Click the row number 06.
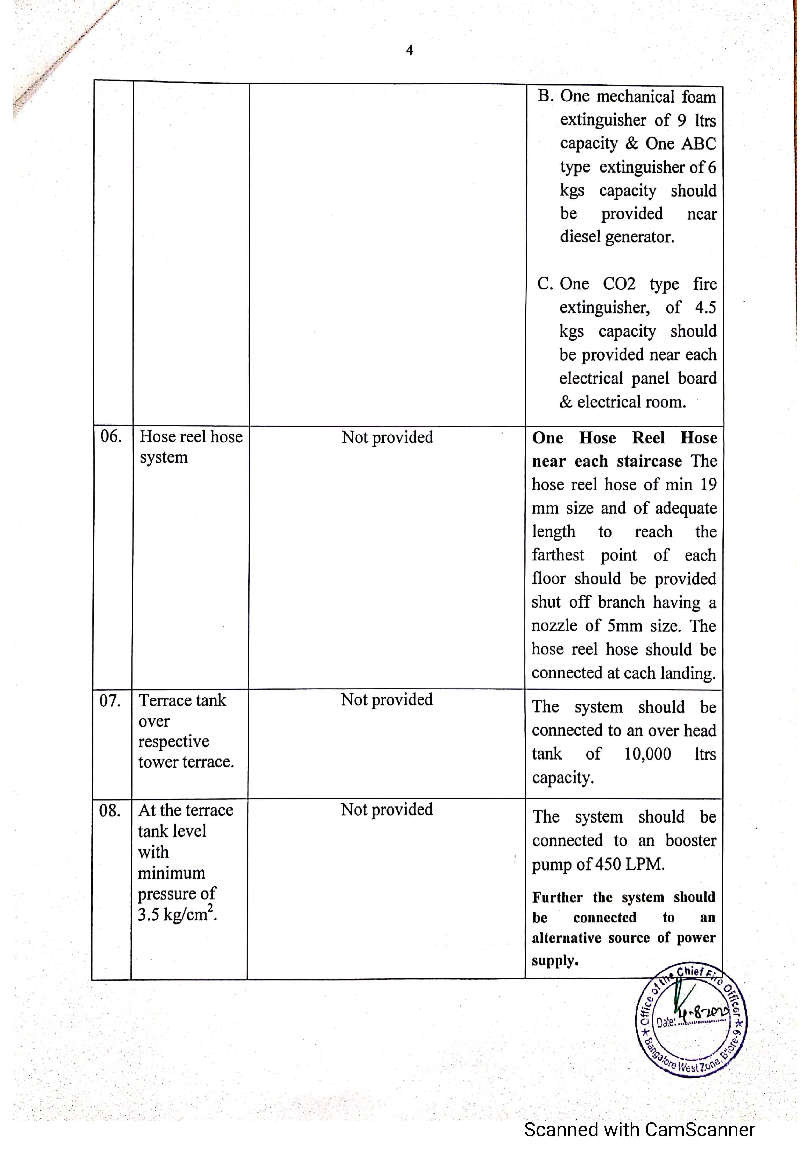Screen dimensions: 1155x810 [111, 436]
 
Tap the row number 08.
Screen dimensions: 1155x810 [110, 811]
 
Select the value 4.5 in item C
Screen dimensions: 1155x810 [705, 307]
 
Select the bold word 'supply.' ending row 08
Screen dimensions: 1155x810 [555, 960]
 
